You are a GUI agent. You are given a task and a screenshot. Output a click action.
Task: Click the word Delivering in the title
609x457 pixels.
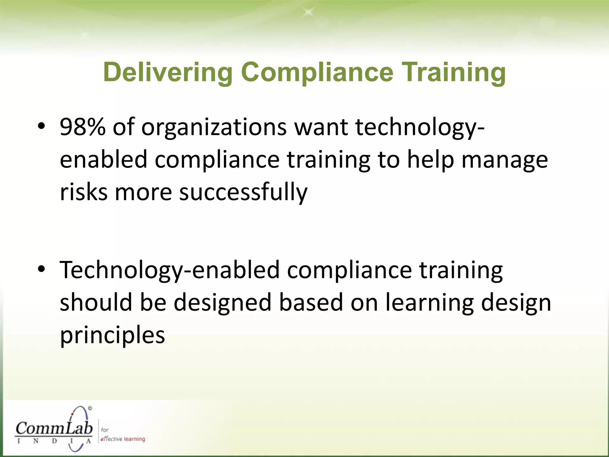(x=168, y=73)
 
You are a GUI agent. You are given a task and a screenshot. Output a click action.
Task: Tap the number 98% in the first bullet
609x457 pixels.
(x=82, y=127)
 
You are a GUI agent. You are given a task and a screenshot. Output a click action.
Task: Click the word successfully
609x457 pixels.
(x=243, y=193)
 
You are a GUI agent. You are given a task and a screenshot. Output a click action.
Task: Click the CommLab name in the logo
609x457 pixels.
(x=54, y=428)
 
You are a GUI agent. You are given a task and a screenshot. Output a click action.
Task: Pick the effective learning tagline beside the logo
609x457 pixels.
(x=123, y=439)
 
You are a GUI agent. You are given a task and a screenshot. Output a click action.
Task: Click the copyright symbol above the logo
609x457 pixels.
(x=90, y=408)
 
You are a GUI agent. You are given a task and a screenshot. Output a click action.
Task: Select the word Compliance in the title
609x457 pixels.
(x=317, y=73)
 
